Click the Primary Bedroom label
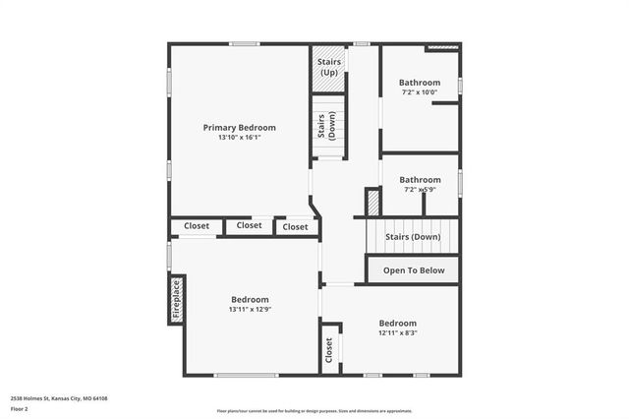click(x=239, y=127)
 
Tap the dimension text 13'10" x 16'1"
click(x=239, y=138)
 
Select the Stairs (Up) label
click(x=328, y=67)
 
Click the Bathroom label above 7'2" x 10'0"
click(x=420, y=82)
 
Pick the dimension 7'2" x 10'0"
click(x=420, y=92)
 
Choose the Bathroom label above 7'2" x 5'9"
click(x=420, y=180)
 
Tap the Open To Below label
click(x=414, y=270)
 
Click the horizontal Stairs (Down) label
click(x=413, y=237)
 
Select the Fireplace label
click(x=177, y=299)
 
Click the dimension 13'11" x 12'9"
click(x=250, y=310)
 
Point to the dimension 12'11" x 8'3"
click(x=398, y=333)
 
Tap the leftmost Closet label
click(x=197, y=226)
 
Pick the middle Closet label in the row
click(x=250, y=225)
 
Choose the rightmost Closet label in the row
click(x=295, y=227)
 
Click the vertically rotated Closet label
click(x=328, y=349)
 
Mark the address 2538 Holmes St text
click(x=59, y=397)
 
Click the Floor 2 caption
click(x=20, y=408)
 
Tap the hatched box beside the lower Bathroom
click(x=373, y=203)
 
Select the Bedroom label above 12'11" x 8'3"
click(x=398, y=323)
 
